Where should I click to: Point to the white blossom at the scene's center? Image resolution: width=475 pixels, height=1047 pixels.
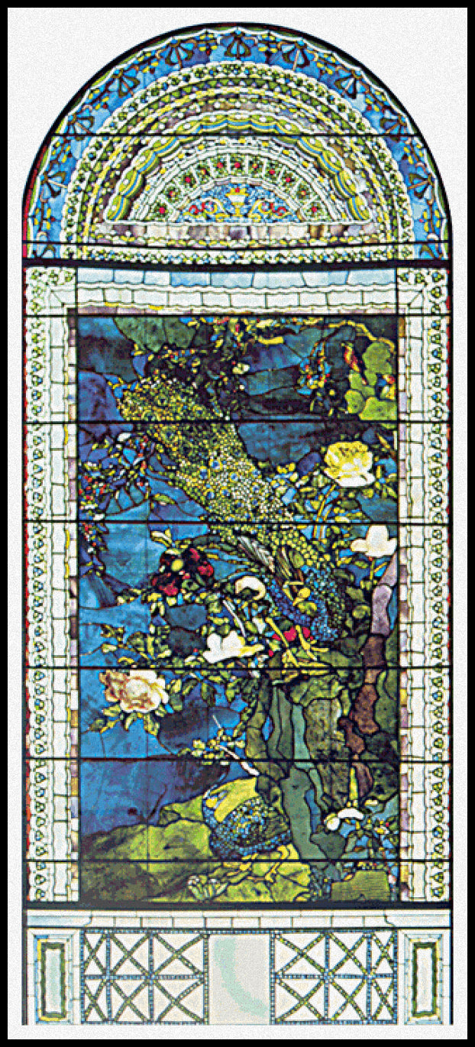coord(228,647)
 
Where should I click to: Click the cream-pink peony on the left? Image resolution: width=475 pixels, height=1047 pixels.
coord(135,688)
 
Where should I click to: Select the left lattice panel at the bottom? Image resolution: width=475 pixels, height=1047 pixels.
coord(144,977)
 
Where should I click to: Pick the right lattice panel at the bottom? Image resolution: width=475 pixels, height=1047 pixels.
coord(334,977)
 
